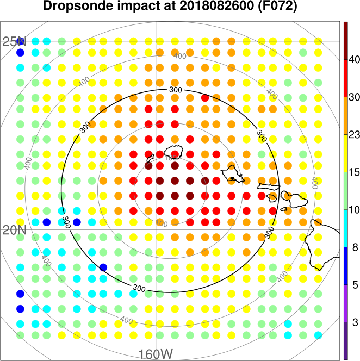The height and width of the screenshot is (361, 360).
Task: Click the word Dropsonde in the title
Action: (78, 7)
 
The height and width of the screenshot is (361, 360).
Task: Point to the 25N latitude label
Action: (14, 42)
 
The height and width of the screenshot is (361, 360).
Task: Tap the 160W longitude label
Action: (156, 354)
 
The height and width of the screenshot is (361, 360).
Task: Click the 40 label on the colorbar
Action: (355, 59)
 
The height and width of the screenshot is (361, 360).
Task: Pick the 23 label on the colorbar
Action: (355, 134)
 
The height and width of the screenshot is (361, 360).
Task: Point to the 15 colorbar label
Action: (355, 172)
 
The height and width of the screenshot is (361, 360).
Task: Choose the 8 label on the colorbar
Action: (355, 247)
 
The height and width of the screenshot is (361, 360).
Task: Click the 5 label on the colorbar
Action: (355, 284)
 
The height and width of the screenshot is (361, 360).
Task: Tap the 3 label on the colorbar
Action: (355, 322)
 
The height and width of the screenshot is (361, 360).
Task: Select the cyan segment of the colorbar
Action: (346, 228)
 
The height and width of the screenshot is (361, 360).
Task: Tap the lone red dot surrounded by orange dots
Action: (205, 98)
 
